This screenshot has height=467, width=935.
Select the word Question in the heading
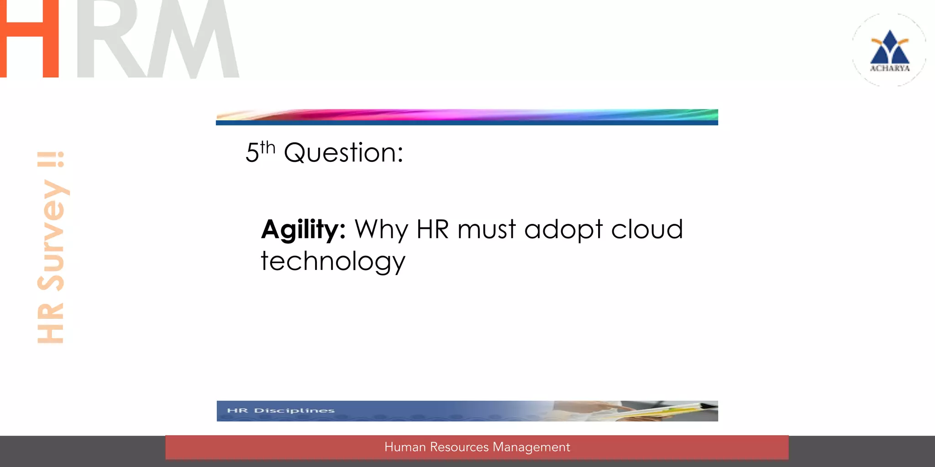click(x=343, y=153)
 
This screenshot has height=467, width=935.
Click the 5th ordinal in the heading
click(x=261, y=152)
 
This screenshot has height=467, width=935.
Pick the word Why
click(x=381, y=229)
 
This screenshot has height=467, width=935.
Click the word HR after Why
click(x=433, y=229)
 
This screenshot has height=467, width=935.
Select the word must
click(x=487, y=229)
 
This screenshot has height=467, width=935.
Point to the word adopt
click(x=564, y=229)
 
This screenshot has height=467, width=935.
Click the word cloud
click(x=647, y=229)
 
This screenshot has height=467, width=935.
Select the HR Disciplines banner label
click(x=281, y=410)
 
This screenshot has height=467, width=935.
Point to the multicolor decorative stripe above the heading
click(x=467, y=114)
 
